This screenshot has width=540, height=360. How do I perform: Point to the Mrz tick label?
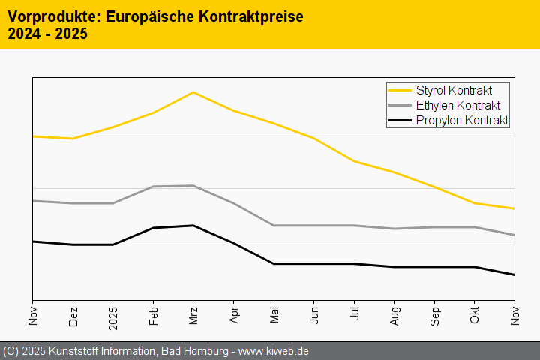point(193,314)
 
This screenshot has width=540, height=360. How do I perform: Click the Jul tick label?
point(354,313)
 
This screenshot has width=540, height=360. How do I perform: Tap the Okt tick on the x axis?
point(475,314)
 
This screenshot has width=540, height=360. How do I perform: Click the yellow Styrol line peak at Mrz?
point(193,92)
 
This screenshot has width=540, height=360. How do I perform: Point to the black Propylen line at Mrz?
point(193,226)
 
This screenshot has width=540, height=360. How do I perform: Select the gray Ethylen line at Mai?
point(274,226)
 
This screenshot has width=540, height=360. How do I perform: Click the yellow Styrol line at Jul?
point(354,161)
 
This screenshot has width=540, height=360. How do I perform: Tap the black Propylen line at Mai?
point(274,264)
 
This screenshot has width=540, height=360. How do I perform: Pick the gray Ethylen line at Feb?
point(154,187)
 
